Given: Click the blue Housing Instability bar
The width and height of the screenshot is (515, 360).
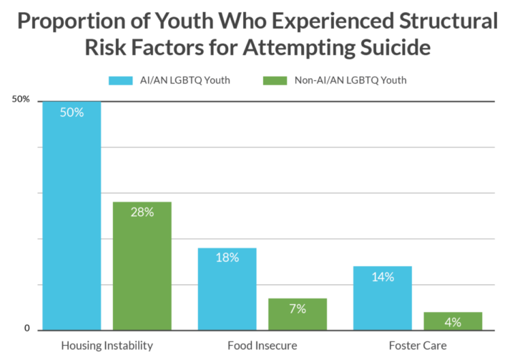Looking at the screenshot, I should (71, 215).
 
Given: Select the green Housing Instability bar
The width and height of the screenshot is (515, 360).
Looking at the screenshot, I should (142, 265).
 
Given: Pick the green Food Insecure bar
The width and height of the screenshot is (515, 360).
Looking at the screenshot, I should (298, 313).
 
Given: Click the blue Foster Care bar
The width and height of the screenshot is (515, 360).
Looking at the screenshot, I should (383, 297).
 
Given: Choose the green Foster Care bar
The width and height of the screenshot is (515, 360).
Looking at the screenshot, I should (453, 320).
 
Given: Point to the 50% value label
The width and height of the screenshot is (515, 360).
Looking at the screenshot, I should (72, 112).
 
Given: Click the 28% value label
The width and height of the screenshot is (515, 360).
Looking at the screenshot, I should (142, 213).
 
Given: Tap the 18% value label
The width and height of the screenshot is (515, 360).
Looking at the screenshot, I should (227, 258).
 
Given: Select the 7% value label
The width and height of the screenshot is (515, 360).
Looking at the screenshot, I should (298, 308).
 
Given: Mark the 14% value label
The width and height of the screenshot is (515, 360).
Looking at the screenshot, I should (383, 277).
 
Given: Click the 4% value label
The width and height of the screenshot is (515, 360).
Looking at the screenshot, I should (453, 323).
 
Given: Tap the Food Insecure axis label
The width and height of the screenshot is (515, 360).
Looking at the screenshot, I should (263, 345).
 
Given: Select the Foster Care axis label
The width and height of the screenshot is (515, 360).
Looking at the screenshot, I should (418, 345).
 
